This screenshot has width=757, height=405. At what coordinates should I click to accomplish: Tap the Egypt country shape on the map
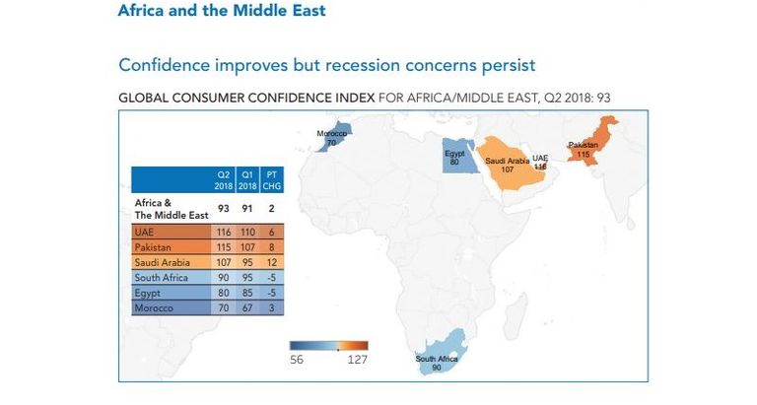pos(456,159)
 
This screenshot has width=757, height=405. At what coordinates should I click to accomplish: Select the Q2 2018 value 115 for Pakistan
pos(223,246)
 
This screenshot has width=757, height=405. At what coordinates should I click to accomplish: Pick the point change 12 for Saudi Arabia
pos(269,263)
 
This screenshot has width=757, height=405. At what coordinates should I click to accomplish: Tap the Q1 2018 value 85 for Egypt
pos(246,294)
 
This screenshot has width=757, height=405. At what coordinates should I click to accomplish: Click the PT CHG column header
pos(270,179)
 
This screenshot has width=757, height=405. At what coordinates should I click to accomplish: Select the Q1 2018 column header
pos(246,179)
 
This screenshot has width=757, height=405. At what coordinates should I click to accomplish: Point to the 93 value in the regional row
pos(223,207)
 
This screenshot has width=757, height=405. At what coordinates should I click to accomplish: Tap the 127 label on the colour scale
pos(356,360)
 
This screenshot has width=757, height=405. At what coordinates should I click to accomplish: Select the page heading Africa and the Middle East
pos(221,12)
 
